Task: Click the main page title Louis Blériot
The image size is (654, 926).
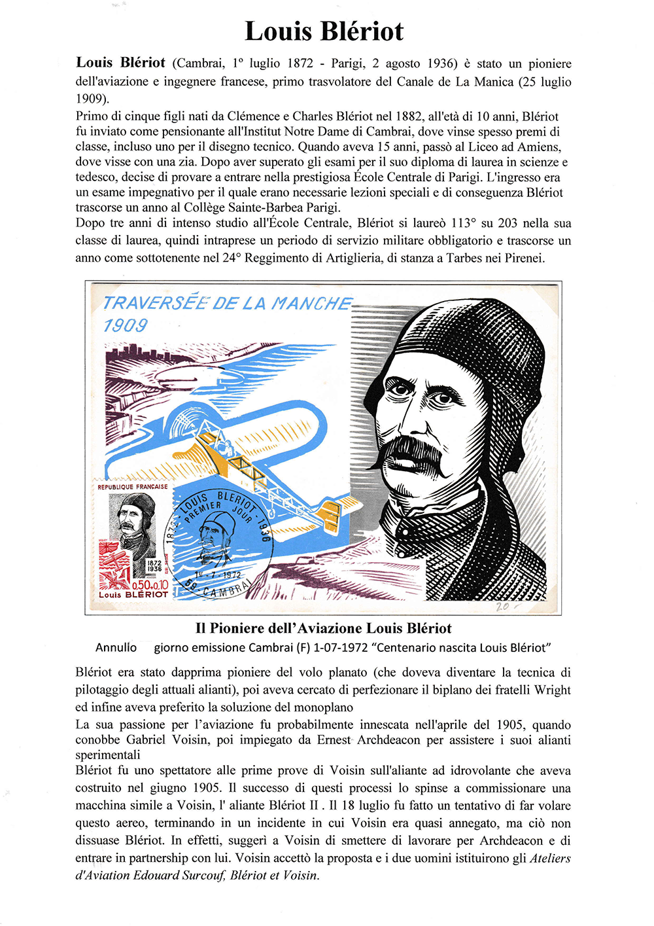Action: point(324,31)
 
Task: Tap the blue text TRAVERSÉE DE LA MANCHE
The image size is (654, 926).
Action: point(227,304)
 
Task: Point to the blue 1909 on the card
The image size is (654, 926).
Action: point(126,325)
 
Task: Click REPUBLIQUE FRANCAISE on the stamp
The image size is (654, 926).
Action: point(133,487)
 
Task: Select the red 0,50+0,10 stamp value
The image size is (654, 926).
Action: point(150,584)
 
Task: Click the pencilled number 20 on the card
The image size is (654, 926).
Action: point(502,607)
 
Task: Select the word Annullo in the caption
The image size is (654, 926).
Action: point(116,648)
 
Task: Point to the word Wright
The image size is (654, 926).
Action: point(553,690)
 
